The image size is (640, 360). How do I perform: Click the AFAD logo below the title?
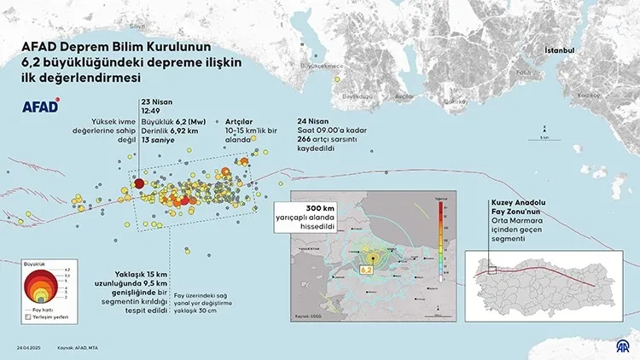click(39, 107)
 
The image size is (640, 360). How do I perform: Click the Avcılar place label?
click(402, 96)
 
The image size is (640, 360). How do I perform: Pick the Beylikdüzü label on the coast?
click(358, 96)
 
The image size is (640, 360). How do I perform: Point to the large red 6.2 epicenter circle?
click(139, 182)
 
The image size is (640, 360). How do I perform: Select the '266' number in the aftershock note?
click(305, 138)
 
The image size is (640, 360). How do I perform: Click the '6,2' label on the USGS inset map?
click(369, 270)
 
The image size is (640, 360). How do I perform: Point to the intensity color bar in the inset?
click(439, 240)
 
